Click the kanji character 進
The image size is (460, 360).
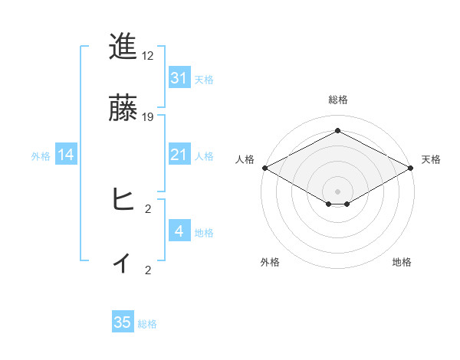123,47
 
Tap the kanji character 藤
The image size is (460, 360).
123,108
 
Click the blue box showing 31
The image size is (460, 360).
179,78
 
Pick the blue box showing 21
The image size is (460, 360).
179,155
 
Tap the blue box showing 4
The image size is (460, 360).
179,231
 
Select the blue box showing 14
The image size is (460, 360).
66,155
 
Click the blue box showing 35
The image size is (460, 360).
123,322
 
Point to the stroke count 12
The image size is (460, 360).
148,57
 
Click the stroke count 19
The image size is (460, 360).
148,117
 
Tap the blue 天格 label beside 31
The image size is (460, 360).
204,79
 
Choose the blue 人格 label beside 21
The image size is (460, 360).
204,156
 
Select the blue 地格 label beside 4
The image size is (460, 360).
204,232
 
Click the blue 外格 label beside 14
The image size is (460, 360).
41,156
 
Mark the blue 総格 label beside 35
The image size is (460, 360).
147,323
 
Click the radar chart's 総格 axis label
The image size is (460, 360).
337,100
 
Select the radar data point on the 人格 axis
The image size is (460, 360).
264,168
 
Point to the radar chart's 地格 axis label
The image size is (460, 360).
402,262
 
